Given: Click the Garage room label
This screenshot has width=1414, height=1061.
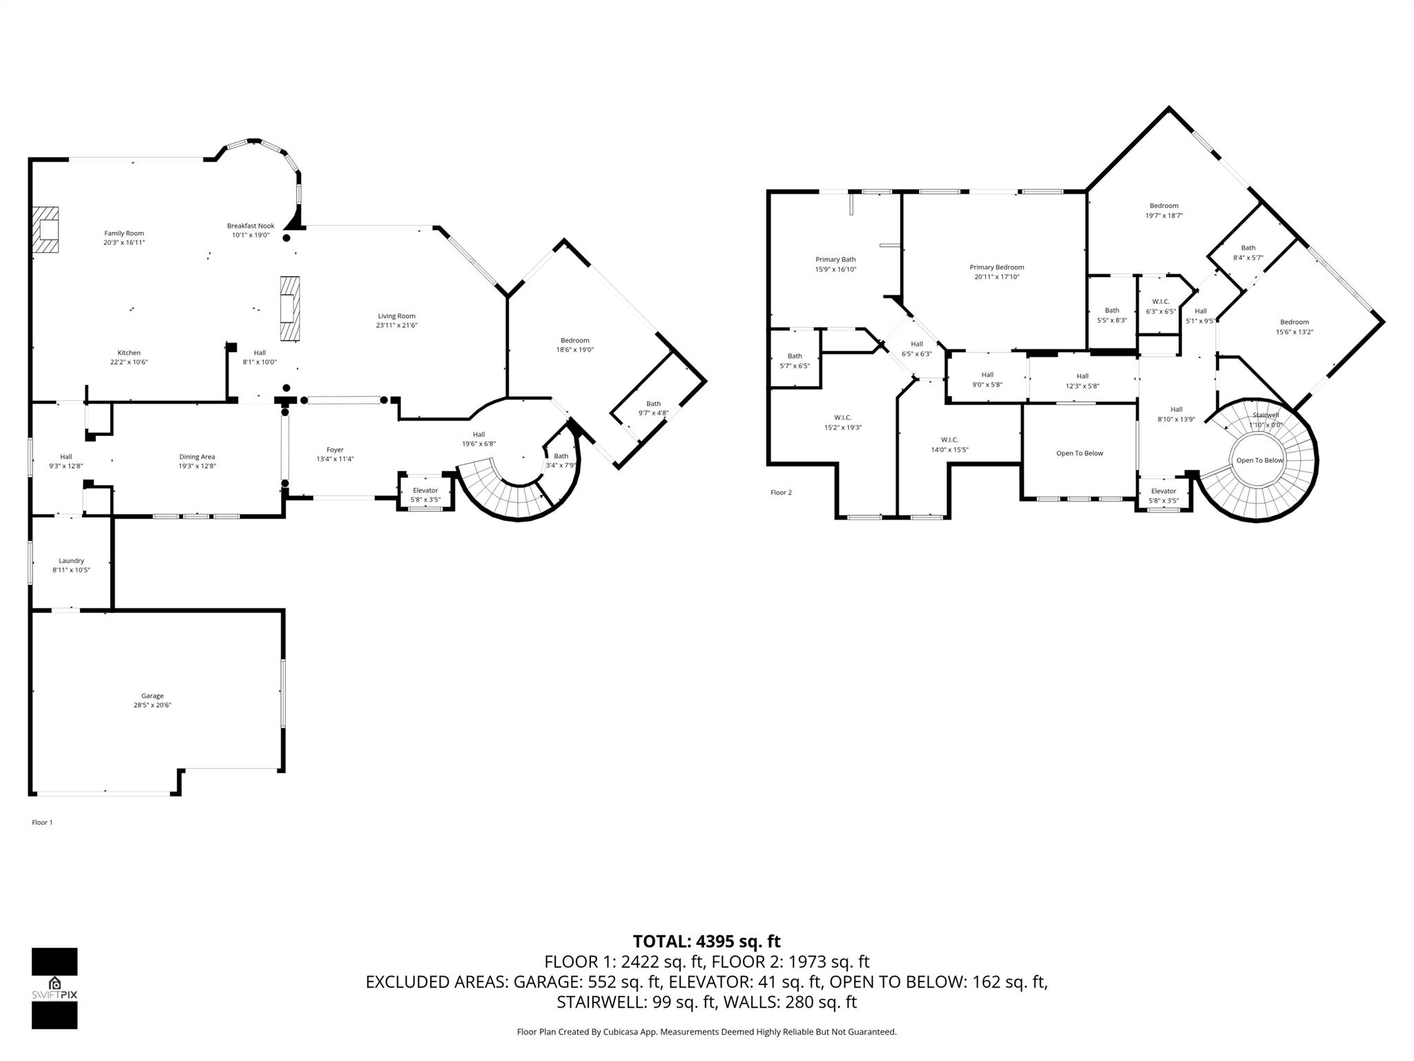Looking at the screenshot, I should point(153,696).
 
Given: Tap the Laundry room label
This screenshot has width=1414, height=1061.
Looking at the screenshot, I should point(71,561).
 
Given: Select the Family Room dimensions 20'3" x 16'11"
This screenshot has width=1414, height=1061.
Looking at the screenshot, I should point(124,242).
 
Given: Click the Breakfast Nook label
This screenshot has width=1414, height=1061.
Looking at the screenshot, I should point(251,226).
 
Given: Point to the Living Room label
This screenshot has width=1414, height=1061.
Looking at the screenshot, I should point(396,316).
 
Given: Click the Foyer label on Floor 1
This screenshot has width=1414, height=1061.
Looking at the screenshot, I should point(335,450).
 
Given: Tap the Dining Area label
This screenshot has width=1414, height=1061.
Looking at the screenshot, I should point(197,457).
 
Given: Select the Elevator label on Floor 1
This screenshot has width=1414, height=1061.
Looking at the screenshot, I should point(425,490).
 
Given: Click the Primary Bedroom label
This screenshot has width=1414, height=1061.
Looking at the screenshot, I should point(996,267).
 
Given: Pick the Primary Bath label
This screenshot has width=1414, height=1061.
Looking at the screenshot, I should point(835,260).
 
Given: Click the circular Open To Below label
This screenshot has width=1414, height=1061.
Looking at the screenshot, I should point(1259,460).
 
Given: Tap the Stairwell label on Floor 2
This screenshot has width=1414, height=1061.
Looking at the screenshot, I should point(1266,415).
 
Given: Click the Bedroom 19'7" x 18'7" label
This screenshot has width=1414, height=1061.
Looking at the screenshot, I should point(1163,206).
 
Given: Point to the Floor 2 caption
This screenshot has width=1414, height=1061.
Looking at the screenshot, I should point(781,493).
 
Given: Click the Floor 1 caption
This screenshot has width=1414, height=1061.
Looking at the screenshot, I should point(42,822).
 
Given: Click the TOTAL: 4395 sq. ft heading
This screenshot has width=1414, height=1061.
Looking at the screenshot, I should point(706,941).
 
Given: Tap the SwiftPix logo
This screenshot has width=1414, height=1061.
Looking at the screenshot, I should point(55,988).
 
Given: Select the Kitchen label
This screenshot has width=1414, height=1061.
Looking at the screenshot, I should point(129,353).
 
